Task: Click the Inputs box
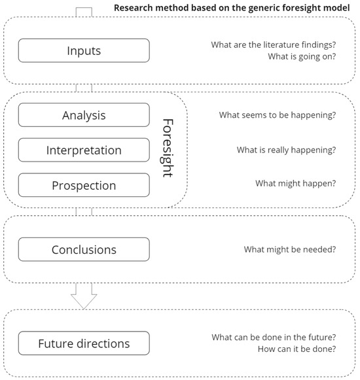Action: [84, 50]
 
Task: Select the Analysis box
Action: [84, 115]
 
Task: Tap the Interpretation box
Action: [84, 150]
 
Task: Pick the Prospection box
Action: [84, 186]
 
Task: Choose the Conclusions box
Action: [84, 250]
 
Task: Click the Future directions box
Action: [84, 343]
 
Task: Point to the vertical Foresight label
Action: [168, 148]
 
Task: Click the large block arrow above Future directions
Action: [84, 296]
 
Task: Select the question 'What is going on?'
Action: [302, 57]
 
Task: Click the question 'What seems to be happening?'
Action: [278, 115]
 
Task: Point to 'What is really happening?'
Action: [286, 150]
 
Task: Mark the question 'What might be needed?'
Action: [290, 249]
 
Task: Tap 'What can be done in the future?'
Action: [274, 337]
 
